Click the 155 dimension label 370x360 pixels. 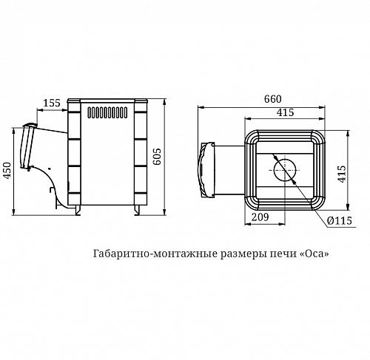pos(52,103)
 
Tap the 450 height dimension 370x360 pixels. pos(7,170)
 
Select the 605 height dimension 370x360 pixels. pos(157,156)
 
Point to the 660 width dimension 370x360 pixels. pos(272,99)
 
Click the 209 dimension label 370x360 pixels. pos(260,217)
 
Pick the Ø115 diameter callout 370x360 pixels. pos(340,220)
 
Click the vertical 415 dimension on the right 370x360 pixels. pos(342,174)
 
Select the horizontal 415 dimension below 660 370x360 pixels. pos(285,112)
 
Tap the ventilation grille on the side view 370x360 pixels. pos(107,112)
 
